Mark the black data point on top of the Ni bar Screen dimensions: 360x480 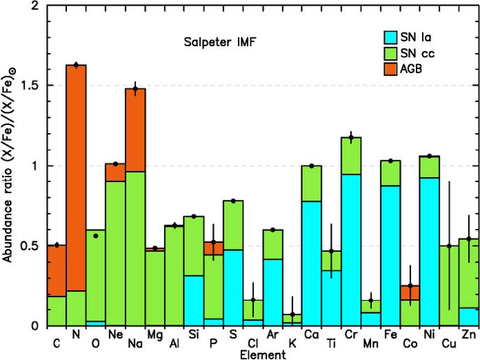(430, 156)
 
